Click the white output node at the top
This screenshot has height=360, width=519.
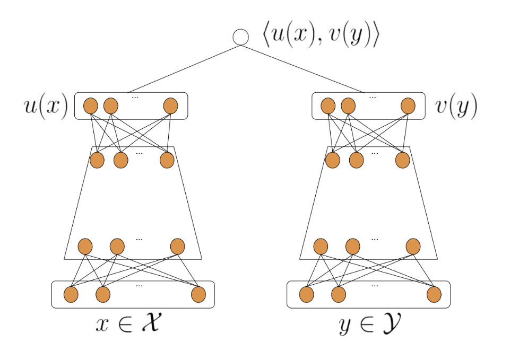[241, 38]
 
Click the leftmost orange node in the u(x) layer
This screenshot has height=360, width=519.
[90, 106]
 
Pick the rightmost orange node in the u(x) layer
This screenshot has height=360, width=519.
[170, 106]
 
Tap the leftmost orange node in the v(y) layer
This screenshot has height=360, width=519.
[327, 106]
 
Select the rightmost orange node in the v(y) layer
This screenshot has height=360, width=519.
[408, 106]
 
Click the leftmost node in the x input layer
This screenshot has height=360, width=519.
[71, 294]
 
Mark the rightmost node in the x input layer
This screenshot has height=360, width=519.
[198, 294]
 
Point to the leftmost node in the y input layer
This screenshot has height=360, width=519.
[306, 294]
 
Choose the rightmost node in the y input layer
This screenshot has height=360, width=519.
[434, 294]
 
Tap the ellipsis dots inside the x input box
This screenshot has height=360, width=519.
[139, 286]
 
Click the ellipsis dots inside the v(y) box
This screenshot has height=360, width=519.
[371, 98]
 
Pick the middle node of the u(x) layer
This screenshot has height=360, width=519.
[110, 106]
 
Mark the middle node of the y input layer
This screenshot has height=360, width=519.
[338, 294]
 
